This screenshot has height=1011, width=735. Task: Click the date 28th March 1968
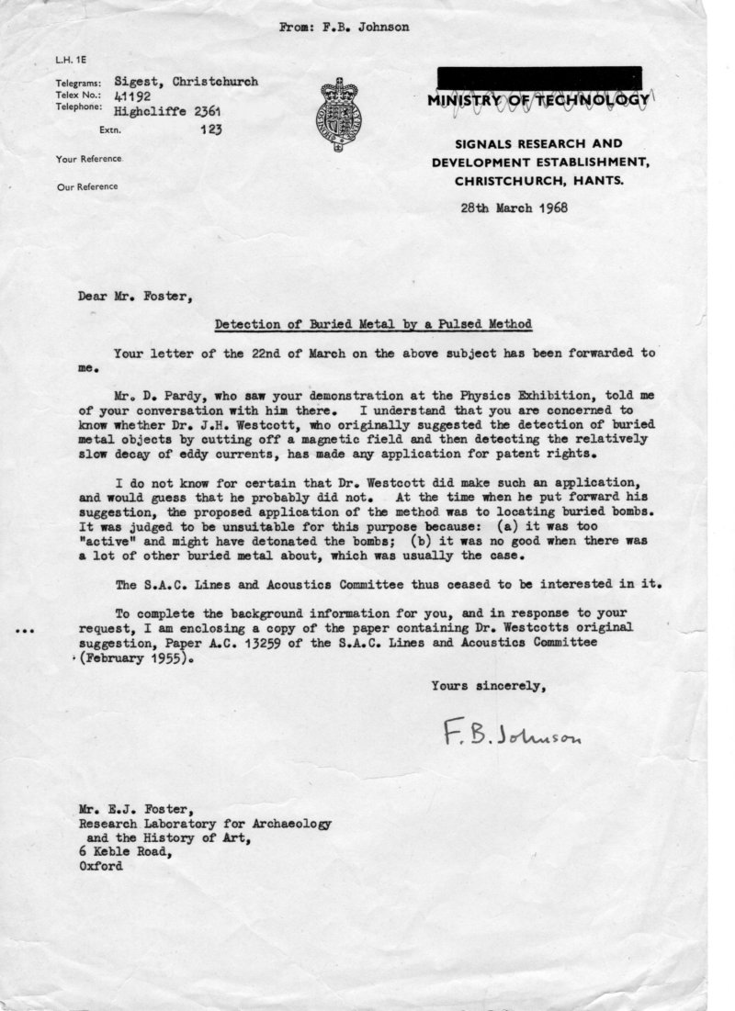[x=514, y=207]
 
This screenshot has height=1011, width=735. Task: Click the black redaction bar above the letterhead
[x=539, y=77]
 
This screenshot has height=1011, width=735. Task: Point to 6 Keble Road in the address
[x=125, y=850]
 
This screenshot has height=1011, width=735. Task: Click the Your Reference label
[x=88, y=159]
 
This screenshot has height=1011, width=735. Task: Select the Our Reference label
[x=86, y=186]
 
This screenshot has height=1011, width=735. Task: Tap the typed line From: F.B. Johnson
[x=344, y=27]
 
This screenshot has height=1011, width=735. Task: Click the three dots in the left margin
[x=26, y=631]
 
